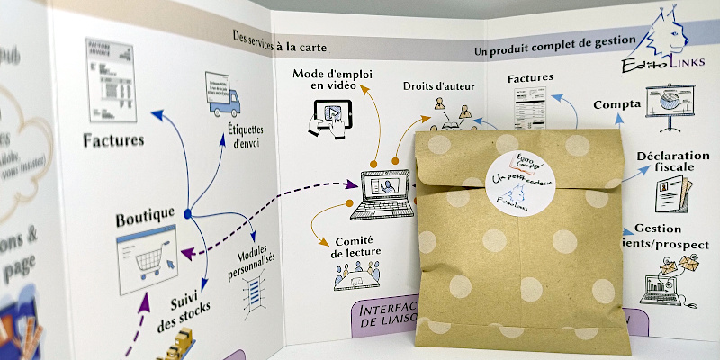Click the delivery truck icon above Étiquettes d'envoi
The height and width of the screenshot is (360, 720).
pos(221,96)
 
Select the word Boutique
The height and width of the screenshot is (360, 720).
pos(146,220)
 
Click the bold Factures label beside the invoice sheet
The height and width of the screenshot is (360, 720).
pos(113,139)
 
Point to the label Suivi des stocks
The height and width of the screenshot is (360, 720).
pos(190,299)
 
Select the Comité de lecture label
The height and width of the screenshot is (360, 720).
pos(354,247)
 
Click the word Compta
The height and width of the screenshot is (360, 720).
pos(617,103)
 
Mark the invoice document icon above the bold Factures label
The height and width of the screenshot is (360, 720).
pos(111,81)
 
